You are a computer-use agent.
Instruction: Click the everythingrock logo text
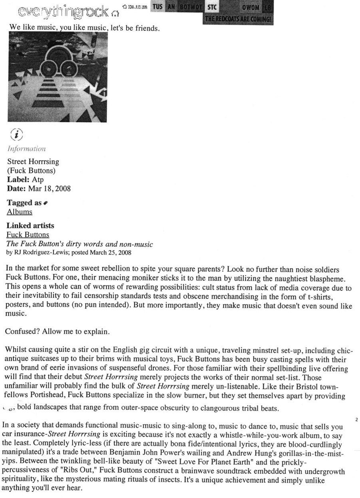pos(63,12)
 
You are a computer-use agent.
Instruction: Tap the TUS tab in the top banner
pos(157,7)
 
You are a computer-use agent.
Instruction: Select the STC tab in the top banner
pos(212,7)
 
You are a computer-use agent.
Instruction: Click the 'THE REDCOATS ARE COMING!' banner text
pos(238,19)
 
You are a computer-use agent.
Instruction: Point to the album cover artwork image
pos(58,77)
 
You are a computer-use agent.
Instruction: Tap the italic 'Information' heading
pos(26,149)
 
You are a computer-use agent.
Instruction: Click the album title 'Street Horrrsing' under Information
pos(33,162)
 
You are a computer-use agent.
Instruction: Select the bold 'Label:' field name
pos(18,179)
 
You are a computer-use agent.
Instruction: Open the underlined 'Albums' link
pos(20,211)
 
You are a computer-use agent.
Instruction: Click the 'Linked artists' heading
pos(30,226)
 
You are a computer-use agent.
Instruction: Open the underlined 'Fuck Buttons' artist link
pos(28,235)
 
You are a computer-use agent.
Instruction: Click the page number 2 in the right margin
pos(356,419)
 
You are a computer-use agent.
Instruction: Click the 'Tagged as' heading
pos(24,203)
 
